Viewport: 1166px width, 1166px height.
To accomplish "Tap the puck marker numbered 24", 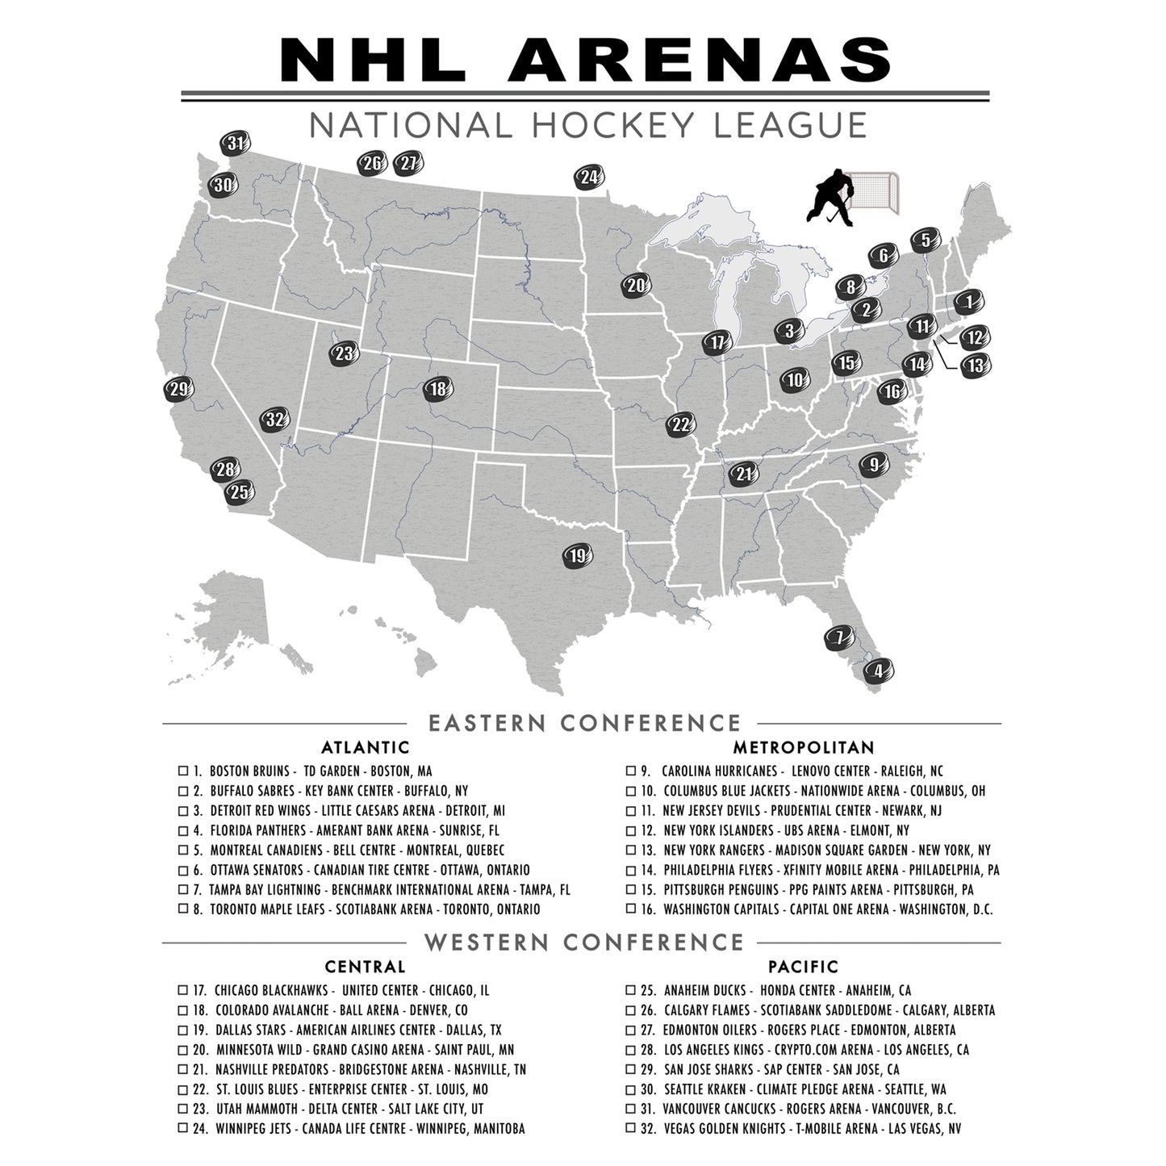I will point(590,178).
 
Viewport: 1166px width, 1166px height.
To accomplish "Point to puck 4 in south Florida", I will point(879,669).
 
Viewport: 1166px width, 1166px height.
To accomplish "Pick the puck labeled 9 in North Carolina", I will point(873,465).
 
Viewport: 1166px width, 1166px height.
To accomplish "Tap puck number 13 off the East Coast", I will point(976,366).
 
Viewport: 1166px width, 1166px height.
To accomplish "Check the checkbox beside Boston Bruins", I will point(182,771).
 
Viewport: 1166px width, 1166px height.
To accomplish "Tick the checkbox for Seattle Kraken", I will point(630,1089).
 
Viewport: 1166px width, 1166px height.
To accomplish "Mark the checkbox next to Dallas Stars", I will point(182,1030).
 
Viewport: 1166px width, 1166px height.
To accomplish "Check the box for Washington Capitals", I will point(630,909).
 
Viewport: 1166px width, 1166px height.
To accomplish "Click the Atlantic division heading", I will point(365,747).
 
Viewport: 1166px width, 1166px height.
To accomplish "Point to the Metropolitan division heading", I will point(803,747).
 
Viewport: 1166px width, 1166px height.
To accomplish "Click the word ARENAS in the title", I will point(700,59).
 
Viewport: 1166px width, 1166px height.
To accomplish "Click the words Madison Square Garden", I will point(834,850).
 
